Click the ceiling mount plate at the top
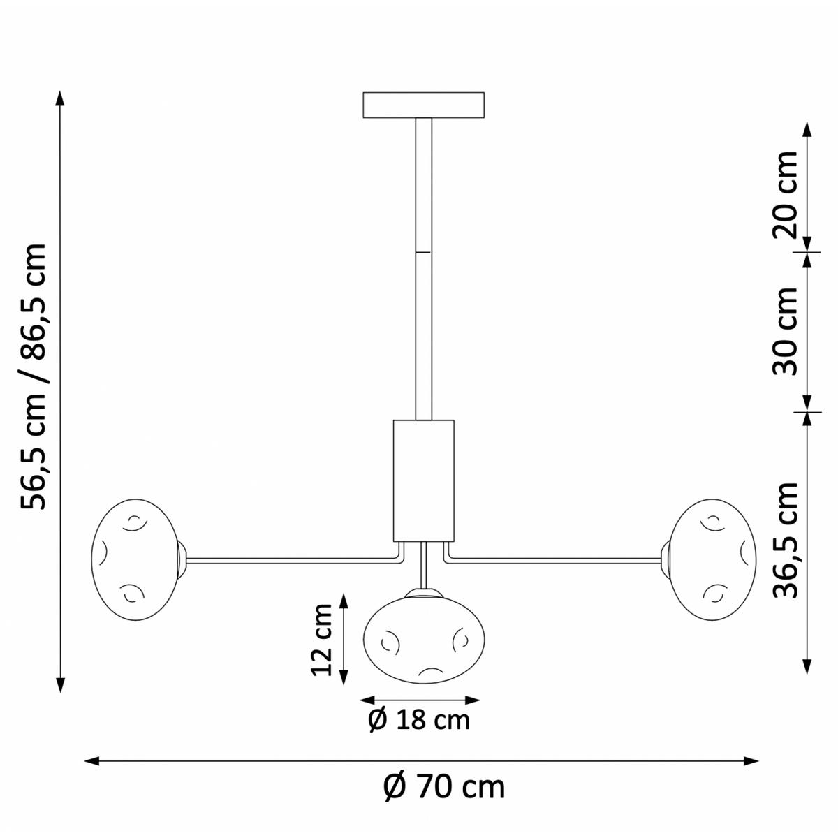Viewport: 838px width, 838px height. [x=423, y=105]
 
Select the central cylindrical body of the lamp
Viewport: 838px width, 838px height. [x=423, y=480]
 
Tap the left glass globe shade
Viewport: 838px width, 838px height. [x=135, y=559]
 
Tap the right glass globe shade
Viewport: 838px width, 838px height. [x=712, y=559]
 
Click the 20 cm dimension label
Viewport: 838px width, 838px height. [x=785, y=195]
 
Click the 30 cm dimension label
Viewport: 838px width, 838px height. [x=785, y=331]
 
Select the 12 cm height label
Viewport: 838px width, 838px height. [x=322, y=639]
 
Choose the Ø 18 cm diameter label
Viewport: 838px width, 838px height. [x=419, y=721]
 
